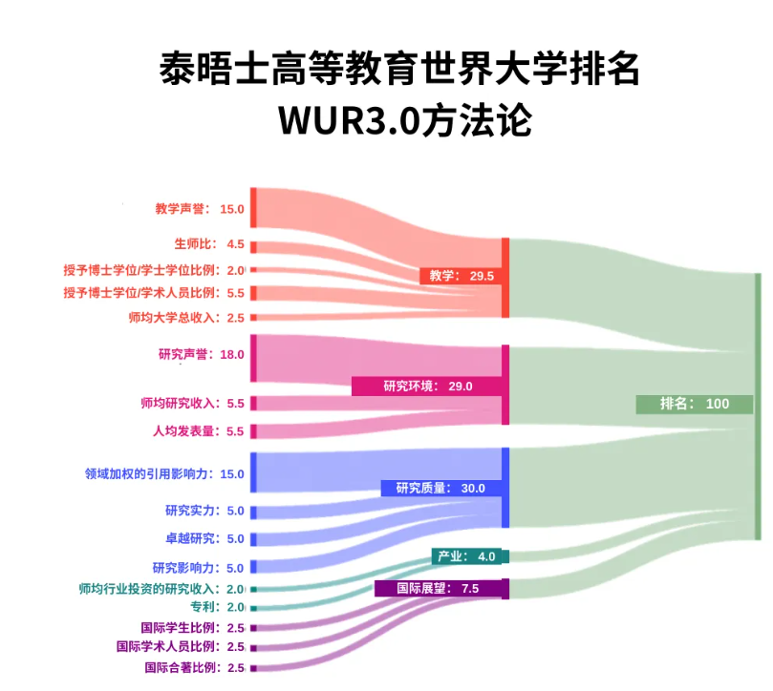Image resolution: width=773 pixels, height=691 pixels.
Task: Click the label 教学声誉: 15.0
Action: click(200, 209)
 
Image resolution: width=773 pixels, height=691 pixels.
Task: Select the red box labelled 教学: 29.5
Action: click(462, 276)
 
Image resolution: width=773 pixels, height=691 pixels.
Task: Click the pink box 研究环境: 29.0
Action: click(427, 386)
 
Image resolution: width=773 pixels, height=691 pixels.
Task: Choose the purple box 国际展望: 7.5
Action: click(438, 588)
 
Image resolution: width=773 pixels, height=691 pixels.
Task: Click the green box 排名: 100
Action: click(695, 404)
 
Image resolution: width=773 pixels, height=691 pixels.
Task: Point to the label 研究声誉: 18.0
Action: click(201, 354)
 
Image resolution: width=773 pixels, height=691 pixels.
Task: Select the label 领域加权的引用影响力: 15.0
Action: click(165, 473)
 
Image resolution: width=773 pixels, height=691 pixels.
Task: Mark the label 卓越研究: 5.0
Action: click(204, 538)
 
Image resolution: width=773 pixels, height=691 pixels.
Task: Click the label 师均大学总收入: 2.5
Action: click(186, 317)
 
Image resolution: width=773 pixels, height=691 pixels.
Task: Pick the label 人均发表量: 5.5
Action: click(199, 430)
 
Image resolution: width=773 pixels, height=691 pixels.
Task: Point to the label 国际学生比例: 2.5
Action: click(192, 627)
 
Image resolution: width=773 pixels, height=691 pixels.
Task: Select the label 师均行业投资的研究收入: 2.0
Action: click(161, 589)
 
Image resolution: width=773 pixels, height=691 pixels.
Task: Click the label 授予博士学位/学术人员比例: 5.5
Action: click(154, 293)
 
